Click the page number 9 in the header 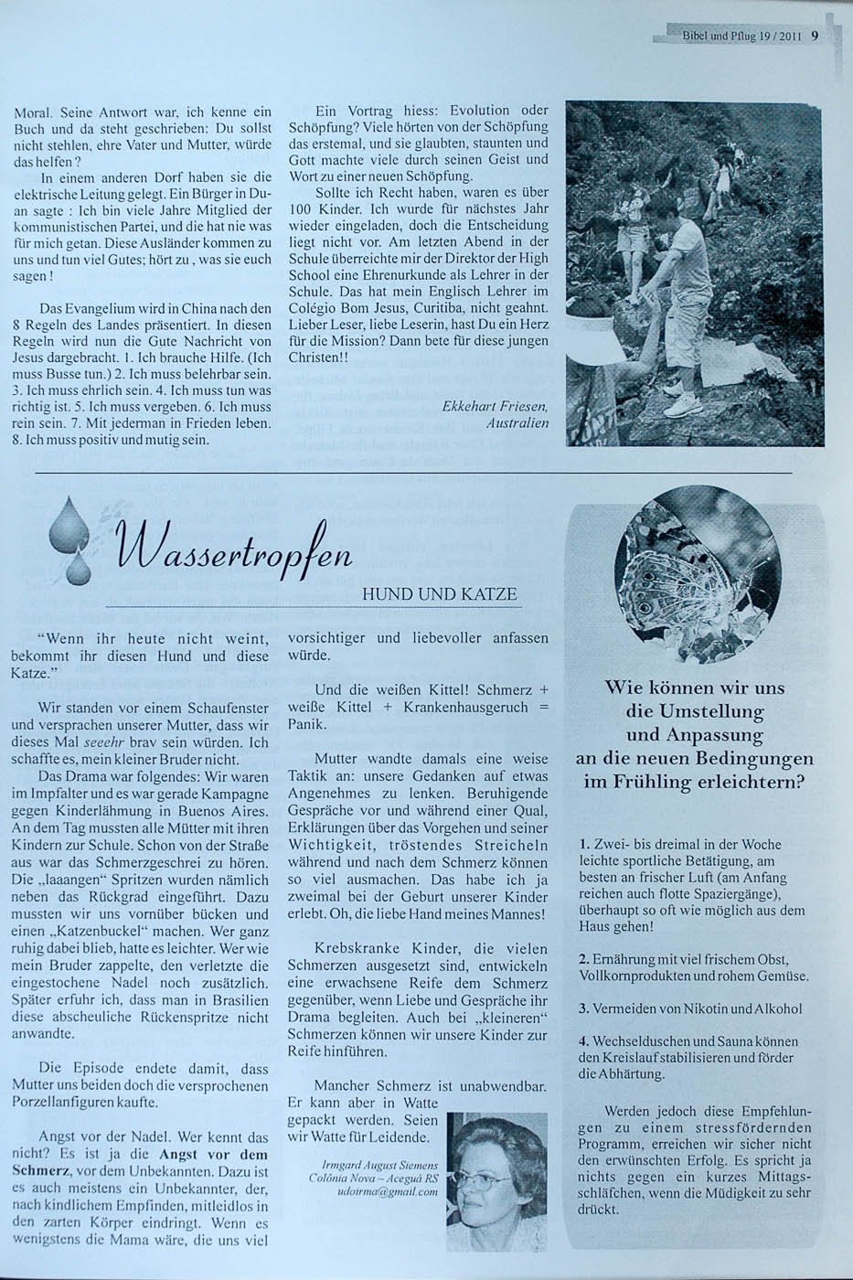(x=814, y=37)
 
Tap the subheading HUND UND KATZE (x=440, y=594)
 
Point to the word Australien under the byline (x=517, y=423)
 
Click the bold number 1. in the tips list (x=585, y=844)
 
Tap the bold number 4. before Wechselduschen (x=584, y=1040)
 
